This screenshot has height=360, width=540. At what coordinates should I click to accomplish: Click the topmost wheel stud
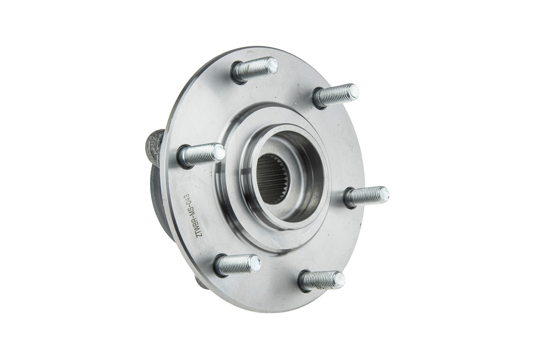[255, 70]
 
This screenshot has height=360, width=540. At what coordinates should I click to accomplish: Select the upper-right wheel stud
[336, 95]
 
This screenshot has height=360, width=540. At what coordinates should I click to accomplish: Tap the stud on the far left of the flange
[201, 155]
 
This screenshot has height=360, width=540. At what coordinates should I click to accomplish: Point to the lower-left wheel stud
[237, 265]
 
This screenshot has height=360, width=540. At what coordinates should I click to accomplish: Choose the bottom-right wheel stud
[322, 280]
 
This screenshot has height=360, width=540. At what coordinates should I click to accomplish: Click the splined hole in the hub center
[274, 178]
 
